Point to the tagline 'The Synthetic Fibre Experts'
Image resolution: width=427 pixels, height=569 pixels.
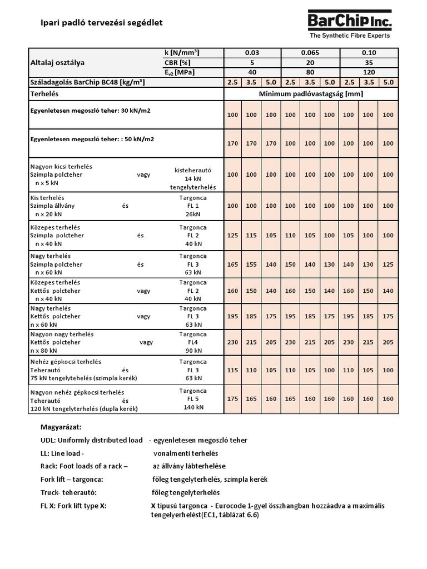click(350, 36)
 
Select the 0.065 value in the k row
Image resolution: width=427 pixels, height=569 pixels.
click(310, 52)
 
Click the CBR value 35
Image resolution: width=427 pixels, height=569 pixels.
click(369, 62)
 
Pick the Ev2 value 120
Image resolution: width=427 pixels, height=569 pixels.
click(369, 72)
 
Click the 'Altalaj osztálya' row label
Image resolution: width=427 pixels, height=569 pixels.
click(57, 63)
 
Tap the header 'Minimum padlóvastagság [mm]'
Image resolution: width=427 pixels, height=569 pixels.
click(311, 94)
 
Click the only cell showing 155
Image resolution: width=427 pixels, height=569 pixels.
click(251, 265)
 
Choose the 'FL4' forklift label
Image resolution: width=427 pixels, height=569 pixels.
click(192, 343)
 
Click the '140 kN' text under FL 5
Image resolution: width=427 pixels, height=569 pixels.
click(192, 407)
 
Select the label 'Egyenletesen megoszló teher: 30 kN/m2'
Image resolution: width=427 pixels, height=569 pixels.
click(90, 111)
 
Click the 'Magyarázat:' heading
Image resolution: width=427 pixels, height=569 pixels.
click(61, 427)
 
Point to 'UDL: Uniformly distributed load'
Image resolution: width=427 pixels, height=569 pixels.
click(88, 440)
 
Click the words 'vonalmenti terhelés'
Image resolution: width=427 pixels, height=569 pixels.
click(186, 453)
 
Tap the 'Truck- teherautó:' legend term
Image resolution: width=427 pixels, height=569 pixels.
click(68, 492)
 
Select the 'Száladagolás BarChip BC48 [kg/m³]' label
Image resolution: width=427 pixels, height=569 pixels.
click(87, 82)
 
